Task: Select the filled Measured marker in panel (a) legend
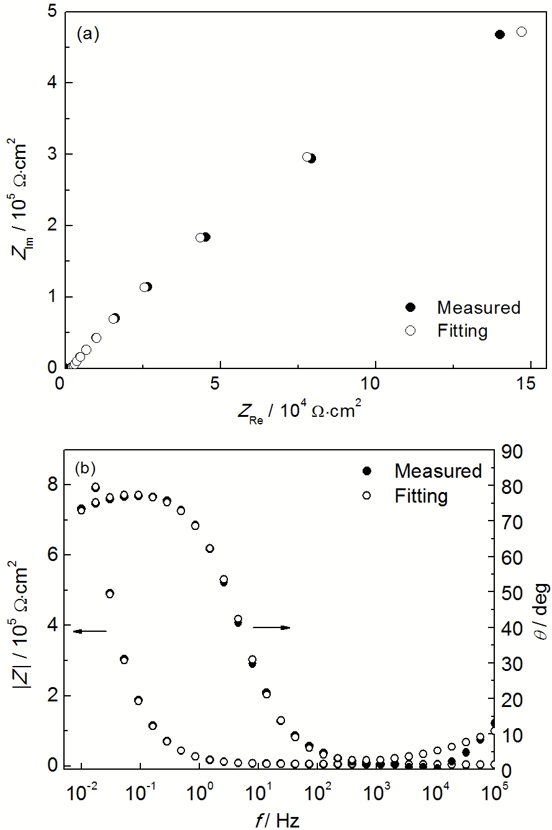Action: pyautogui.click(x=410, y=308)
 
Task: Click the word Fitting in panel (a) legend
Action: pyautogui.click(x=462, y=331)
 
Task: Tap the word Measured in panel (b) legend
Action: pyautogui.click(x=438, y=471)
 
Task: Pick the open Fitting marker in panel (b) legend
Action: pyautogui.click(x=366, y=495)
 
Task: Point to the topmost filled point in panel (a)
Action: pyautogui.click(x=500, y=34)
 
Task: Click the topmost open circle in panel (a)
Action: pyautogui.click(x=522, y=32)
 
